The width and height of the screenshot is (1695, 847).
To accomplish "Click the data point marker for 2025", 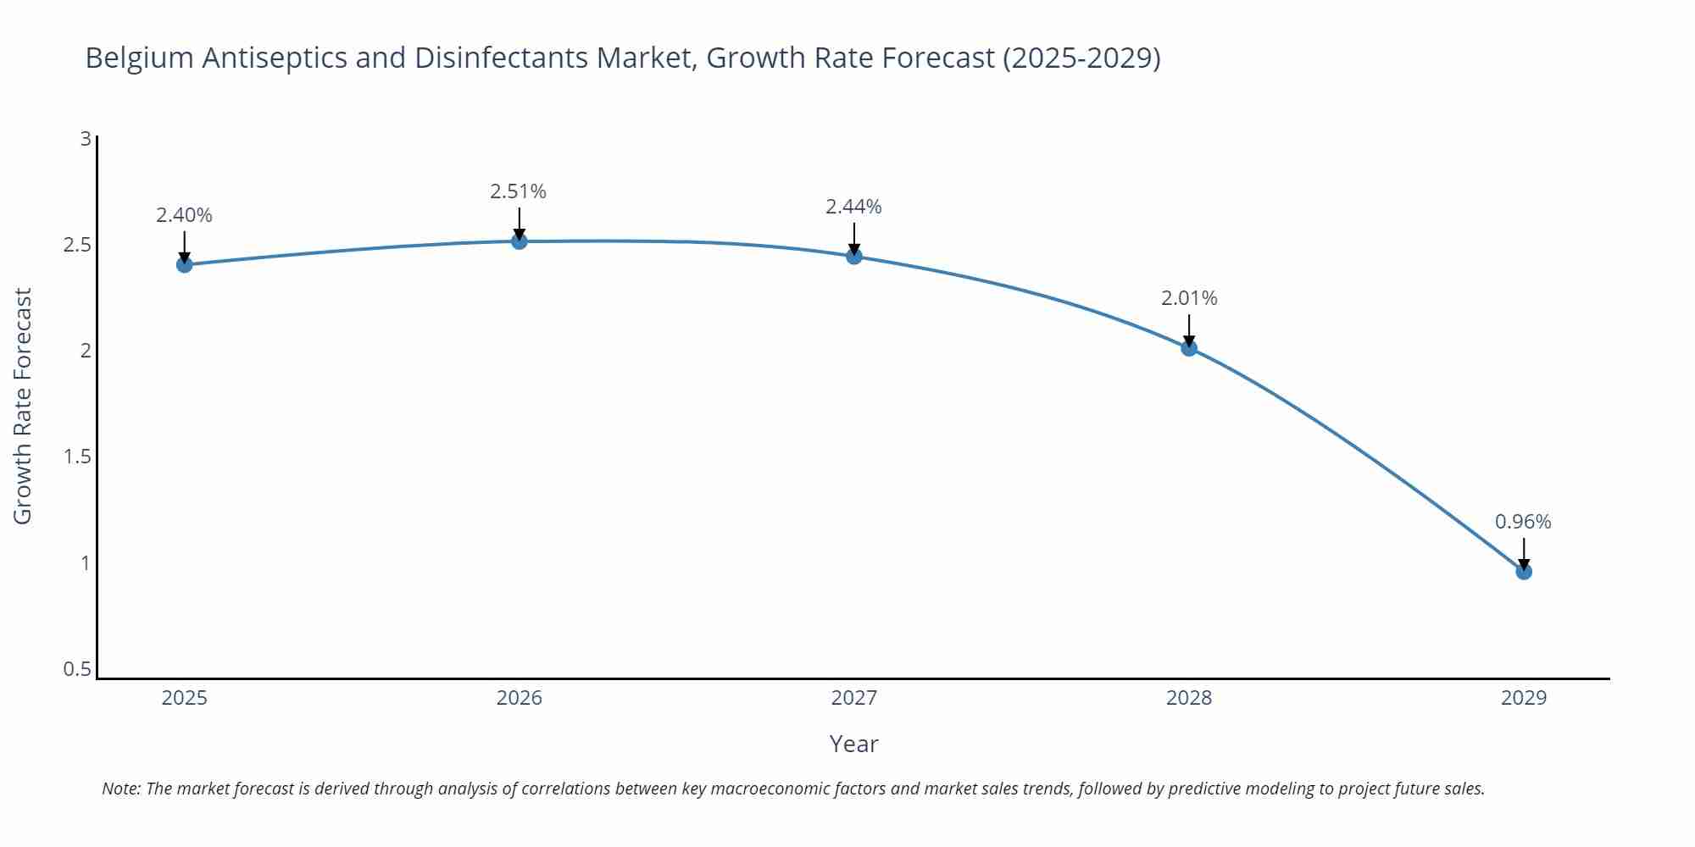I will tap(184, 264).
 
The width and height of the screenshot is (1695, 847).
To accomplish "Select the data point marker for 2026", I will tap(520, 241).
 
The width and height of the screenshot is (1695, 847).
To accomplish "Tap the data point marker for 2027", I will tap(854, 256).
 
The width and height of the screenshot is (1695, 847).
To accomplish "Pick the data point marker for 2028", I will tap(1189, 347).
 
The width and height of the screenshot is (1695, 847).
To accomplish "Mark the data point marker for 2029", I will tap(1524, 572).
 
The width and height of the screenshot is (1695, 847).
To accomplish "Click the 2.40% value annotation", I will tap(184, 215).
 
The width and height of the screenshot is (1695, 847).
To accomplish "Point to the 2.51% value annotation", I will tap(519, 191).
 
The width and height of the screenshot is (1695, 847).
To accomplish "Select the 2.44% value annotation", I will tap(854, 207).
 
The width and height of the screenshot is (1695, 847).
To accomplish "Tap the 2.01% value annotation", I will tap(1189, 298).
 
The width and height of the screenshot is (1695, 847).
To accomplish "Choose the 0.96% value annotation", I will tap(1523, 522).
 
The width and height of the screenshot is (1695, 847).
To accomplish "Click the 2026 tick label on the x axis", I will tap(520, 698).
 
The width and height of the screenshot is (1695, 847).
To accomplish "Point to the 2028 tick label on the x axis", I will tap(1189, 698).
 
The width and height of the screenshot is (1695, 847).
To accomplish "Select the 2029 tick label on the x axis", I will tap(1524, 698).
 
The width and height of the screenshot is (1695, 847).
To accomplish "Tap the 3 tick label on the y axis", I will tap(86, 138).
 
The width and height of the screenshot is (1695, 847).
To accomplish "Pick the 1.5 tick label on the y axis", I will tap(77, 457).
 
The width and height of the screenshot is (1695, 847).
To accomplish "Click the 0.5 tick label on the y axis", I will tap(77, 669).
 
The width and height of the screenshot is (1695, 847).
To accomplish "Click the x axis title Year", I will tap(853, 744).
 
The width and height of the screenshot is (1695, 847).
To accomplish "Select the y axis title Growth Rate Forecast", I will tap(23, 406).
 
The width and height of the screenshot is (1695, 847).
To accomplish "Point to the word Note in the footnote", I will tap(120, 789).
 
